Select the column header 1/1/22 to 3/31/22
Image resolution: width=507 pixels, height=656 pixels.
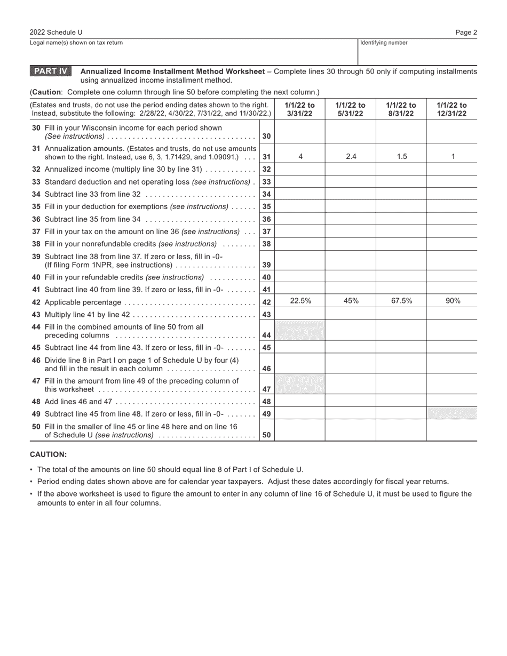click(x=299, y=109)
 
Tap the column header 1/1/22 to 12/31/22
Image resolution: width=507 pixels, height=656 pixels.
click(x=452, y=109)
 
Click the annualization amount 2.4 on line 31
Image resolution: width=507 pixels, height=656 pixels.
click(x=351, y=156)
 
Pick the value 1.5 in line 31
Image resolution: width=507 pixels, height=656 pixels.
click(x=401, y=156)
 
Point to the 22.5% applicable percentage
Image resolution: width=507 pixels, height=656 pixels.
click(x=299, y=301)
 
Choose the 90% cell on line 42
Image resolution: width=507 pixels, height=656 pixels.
click(x=452, y=301)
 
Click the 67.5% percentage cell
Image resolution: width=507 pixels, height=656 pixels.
click(x=401, y=301)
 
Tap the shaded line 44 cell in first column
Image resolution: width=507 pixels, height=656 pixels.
click(x=299, y=331)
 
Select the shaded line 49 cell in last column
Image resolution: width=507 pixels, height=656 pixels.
click(x=452, y=413)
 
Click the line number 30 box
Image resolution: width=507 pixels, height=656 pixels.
click(x=267, y=137)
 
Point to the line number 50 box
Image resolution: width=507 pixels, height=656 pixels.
click(x=267, y=435)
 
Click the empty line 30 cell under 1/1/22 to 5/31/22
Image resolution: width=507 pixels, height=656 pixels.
click(x=351, y=132)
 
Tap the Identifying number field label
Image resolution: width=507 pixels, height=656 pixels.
click(x=384, y=43)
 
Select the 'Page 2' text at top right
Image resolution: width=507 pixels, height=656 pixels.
click(x=466, y=33)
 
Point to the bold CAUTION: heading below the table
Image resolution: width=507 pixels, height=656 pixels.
click(x=48, y=454)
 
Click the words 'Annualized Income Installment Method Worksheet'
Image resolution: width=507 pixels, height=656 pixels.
click(x=172, y=71)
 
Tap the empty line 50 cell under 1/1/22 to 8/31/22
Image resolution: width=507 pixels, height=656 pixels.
click(x=401, y=430)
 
